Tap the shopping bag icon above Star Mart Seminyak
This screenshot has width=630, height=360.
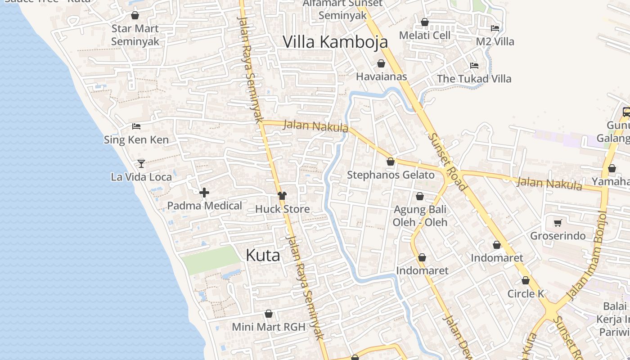pos(135,15)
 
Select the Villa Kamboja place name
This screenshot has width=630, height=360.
pos(335,41)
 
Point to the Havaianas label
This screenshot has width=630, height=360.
pos(381,76)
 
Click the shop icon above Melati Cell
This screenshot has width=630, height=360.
pos(425,22)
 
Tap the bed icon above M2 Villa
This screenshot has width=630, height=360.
pos(495,28)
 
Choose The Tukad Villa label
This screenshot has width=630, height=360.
pos(474,79)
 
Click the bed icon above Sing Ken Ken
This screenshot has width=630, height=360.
pos(136,126)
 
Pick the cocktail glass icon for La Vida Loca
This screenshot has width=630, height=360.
pos(141,163)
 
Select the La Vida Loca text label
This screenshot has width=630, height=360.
pos(141,177)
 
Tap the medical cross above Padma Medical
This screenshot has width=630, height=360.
pos(204,193)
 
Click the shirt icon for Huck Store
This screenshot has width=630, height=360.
pos(282,196)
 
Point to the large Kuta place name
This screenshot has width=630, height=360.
pos(263,255)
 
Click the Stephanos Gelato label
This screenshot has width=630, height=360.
pos(391,175)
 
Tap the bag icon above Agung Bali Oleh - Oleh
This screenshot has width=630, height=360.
pos(420,196)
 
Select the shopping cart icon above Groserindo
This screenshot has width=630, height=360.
pos(558,223)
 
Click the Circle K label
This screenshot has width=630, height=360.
pos(526,294)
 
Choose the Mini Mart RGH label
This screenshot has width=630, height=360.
pos(269,327)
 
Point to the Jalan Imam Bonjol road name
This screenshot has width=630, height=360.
pos(587,255)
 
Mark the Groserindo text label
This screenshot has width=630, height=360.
pos(558,236)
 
